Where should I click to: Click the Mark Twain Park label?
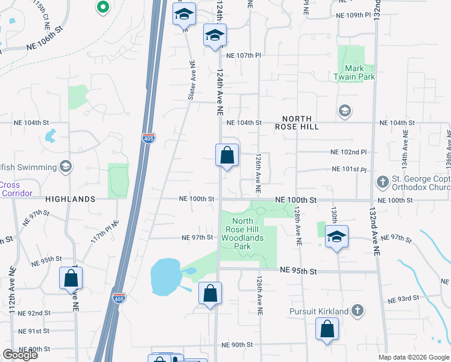click(360, 72)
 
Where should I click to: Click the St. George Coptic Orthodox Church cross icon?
click(382, 182)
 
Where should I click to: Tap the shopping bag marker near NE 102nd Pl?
click(227, 156)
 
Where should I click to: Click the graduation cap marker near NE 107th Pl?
click(214, 36)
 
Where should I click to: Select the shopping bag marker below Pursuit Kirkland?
click(327, 329)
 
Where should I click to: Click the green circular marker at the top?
click(102, 8)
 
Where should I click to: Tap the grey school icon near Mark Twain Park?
click(344, 110)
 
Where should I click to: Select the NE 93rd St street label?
click(403, 298)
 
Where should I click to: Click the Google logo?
click(20, 355)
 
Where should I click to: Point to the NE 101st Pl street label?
click(349, 170)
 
